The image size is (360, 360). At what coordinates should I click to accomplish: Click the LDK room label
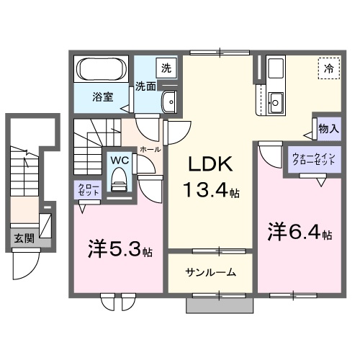pos(210,165)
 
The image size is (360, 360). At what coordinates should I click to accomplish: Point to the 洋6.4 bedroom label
pos(296,235)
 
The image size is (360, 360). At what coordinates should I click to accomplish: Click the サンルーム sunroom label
pos(210,274)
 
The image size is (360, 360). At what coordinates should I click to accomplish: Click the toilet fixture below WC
pos(119,179)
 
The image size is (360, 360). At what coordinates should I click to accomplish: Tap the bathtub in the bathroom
pos(102,71)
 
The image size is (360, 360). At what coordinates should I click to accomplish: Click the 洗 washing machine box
pos(166,68)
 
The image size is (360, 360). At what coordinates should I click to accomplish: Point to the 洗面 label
pos(146,86)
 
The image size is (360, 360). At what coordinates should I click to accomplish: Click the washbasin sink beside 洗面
pos(170,102)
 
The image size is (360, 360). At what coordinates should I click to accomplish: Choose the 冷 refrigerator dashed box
pos(329,69)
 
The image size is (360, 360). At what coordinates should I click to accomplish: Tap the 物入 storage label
pos(328,129)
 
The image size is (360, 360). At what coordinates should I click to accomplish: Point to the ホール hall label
pos(149,148)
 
